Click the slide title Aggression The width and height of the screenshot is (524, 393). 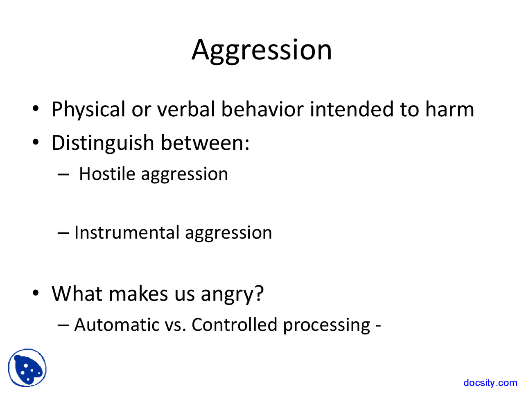click(262, 50)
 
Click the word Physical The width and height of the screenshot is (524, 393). click(88, 110)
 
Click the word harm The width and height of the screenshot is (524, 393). click(449, 110)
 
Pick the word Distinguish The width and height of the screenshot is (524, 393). click(102, 143)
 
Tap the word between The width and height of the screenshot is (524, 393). click(205, 143)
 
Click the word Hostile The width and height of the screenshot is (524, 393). click(107, 174)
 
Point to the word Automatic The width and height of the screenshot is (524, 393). click(117, 325)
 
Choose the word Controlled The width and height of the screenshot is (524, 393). click(235, 325)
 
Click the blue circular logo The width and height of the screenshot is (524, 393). click(27, 368)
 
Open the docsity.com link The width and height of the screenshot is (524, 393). click(490, 383)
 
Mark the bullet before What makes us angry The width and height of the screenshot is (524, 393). click(36, 293)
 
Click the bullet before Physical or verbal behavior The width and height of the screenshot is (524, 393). click(36, 109)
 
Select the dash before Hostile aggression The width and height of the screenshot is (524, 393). click(63, 174)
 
